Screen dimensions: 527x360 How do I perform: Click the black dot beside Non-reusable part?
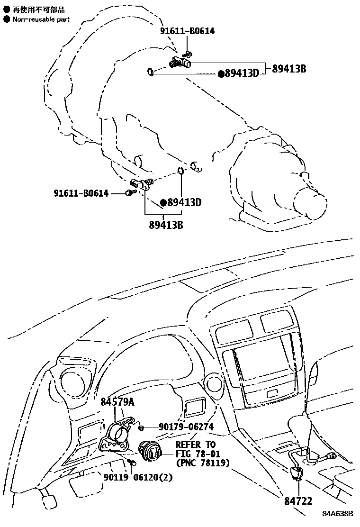click(x=7, y=19)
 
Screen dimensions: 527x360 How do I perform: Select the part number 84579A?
click(x=117, y=402)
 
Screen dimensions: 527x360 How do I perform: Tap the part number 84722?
click(x=298, y=500)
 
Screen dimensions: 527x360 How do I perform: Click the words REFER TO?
click(x=195, y=445)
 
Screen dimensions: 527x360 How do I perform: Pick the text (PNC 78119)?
click(x=202, y=463)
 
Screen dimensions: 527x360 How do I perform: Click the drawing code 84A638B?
click(x=338, y=514)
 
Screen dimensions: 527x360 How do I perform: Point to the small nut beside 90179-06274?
click(x=141, y=428)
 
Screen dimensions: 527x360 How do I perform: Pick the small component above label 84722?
click(x=297, y=472)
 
